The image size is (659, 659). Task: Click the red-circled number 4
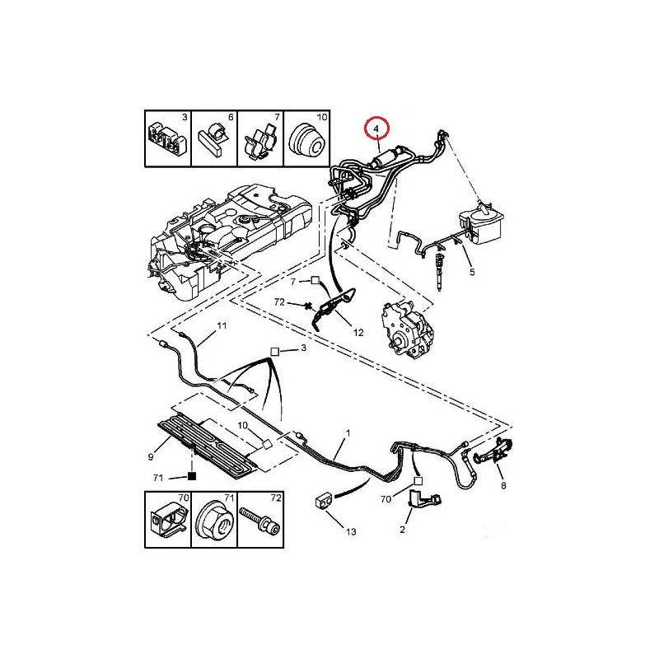click(x=376, y=129)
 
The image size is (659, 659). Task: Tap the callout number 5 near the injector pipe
click(x=472, y=272)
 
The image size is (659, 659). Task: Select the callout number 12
click(x=358, y=333)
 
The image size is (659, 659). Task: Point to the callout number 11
click(x=222, y=325)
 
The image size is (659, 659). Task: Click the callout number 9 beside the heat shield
click(x=151, y=457)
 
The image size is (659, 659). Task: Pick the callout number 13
click(x=351, y=531)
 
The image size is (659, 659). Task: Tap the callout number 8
click(x=503, y=485)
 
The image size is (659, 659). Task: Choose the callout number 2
click(x=402, y=530)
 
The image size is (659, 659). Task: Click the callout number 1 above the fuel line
click(x=348, y=433)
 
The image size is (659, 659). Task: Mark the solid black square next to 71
click(x=192, y=476)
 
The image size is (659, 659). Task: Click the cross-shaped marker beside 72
click(x=310, y=306)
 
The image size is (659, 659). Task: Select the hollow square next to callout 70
click(x=418, y=481)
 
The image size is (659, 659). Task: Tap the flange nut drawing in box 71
click(x=214, y=519)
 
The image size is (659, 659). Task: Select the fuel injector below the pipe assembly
click(x=440, y=271)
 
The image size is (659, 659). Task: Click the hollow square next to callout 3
click(x=274, y=352)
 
